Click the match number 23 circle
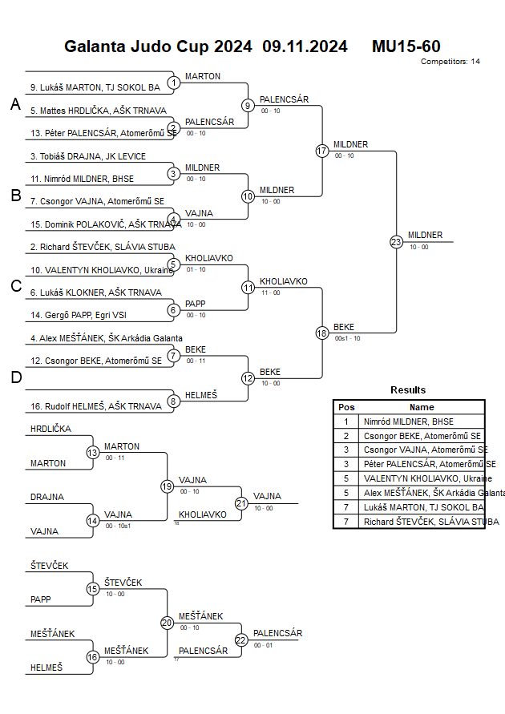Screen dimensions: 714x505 396,241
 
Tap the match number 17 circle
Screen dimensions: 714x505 322,151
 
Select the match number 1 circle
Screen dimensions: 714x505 173,83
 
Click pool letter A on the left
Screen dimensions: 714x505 14,105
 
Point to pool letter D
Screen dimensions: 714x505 15,377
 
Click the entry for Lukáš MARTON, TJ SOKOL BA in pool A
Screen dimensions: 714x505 95,87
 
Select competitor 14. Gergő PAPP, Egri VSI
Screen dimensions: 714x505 79,315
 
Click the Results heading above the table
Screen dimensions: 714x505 408,390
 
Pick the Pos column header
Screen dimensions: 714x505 346,407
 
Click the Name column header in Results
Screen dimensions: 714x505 422,407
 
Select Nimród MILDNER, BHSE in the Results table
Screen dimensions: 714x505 408,422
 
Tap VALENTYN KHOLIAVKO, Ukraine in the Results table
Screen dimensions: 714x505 417,478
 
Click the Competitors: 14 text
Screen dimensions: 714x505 450,62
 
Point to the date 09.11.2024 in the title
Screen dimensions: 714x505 305,46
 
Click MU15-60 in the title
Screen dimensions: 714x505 406,46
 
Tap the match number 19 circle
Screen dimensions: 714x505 167,486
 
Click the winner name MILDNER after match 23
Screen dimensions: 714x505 425,235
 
